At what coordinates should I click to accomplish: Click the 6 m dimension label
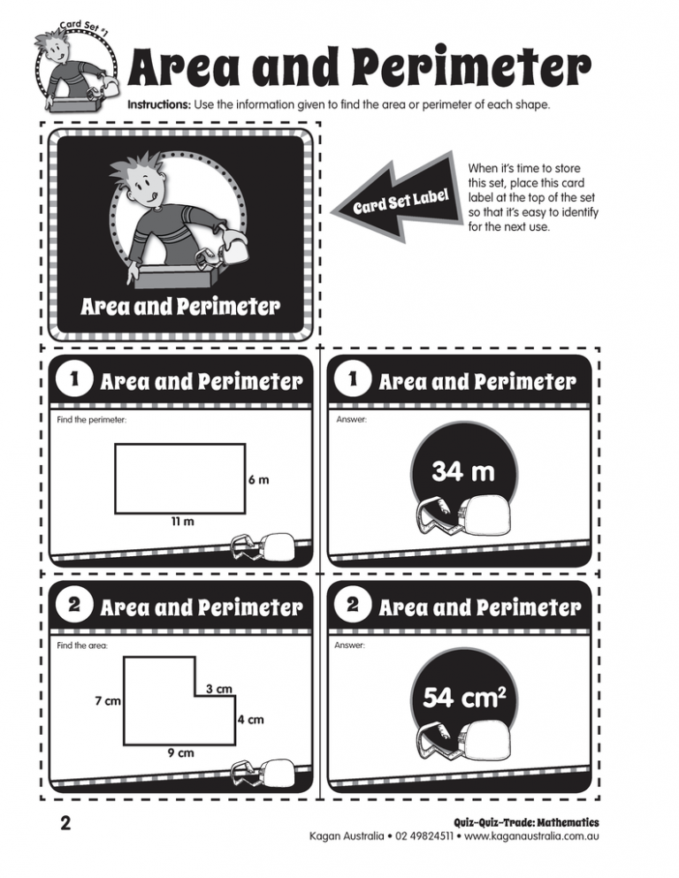(x=258, y=481)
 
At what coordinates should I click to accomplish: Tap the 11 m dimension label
(x=183, y=522)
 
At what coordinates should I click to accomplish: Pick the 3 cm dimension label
(x=218, y=688)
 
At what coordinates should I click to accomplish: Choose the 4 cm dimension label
(x=251, y=720)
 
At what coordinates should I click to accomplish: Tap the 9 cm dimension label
(x=181, y=754)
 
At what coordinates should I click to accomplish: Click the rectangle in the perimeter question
(x=179, y=477)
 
